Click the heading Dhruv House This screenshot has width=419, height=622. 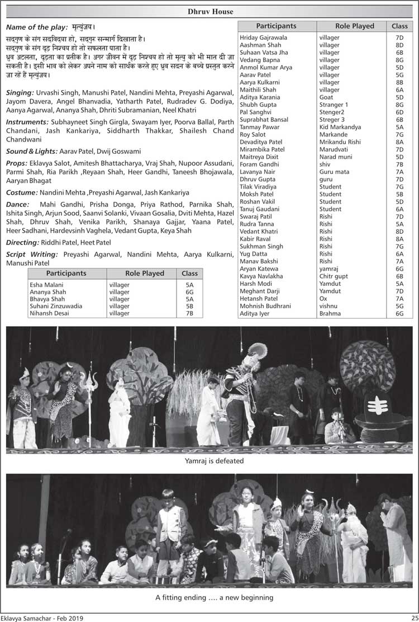(x=209, y=12)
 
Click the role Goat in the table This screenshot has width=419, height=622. (x=326, y=97)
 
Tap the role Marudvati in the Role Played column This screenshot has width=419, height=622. (x=334, y=149)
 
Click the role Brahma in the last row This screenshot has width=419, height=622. (x=330, y=314)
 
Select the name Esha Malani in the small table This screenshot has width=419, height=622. (x=46, y=285)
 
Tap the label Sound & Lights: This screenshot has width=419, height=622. (x=31, y=152)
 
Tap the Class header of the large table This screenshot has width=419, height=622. (x=399, y=26)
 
